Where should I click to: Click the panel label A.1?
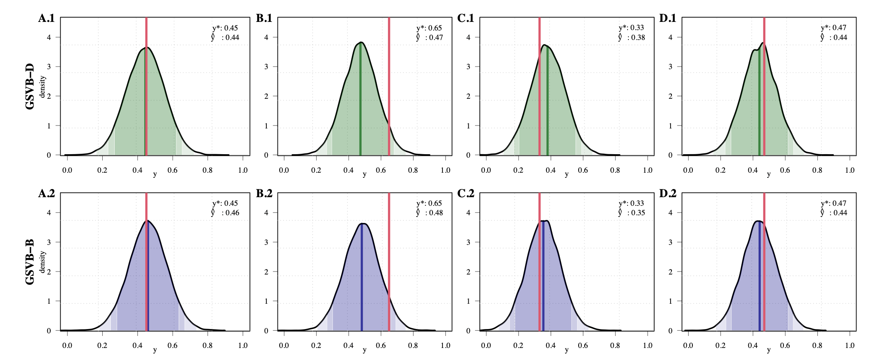46,18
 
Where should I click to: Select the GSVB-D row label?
30,86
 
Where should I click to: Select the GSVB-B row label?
30,262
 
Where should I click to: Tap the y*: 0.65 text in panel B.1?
429,28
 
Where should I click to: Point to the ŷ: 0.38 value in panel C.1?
631,37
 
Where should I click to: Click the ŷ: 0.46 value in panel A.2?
225,213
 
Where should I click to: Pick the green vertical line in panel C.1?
547,107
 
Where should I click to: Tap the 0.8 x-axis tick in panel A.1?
207,170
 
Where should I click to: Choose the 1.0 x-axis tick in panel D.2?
850,345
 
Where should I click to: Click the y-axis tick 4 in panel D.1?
671,37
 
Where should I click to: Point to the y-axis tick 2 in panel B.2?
266,272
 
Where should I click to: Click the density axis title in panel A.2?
42,262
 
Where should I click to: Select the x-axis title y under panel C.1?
567,174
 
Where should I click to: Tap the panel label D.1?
668,18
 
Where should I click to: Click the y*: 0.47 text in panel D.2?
833,203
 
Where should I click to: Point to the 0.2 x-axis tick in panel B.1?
316,170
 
